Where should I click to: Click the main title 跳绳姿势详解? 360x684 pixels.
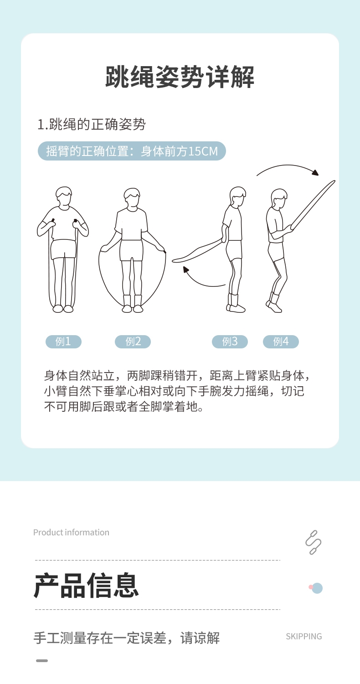(x=180, y=77)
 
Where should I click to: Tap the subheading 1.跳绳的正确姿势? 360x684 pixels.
(x=91, y=124)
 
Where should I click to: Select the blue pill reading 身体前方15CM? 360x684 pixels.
(x=132, y=151)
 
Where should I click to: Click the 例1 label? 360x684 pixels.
(x=63, y=342)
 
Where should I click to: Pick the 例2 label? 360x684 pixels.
(x=133, y=342)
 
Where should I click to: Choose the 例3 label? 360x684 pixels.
(x=230, y=342)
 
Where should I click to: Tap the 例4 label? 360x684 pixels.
(x=281, y=342)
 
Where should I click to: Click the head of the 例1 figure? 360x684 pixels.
(x=64, y=196)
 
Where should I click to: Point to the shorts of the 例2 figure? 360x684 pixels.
(x=132, y=250)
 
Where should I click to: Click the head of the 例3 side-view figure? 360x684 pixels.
(x=237, y=196)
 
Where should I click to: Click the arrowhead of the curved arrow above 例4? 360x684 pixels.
(x=314, y=172)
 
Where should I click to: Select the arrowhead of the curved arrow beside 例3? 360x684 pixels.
(x=186, y=270)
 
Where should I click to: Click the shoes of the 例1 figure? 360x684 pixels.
(x=63, y=309)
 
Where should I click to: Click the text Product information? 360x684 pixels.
(x=71, y=532)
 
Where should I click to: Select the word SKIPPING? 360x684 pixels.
(x=303, y=636)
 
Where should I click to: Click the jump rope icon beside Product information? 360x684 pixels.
(x=313, y=542)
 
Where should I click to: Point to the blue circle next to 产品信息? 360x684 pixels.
(x=317, y=588)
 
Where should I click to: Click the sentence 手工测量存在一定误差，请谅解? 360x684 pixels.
(x=127, y=637)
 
